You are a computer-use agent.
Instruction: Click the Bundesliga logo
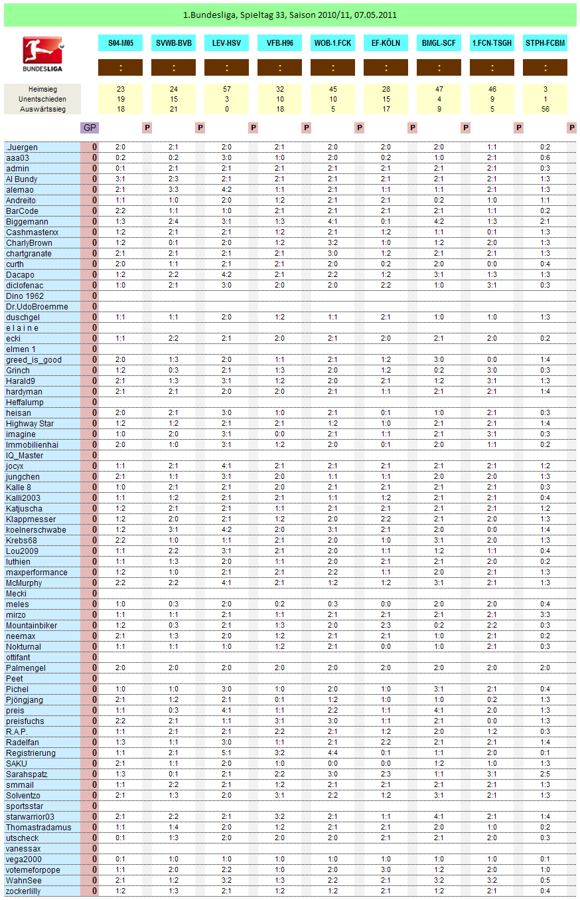pos(42,54)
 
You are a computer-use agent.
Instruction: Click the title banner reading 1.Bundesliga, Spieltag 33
pos(290,15)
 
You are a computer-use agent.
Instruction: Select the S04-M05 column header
pos(120,43)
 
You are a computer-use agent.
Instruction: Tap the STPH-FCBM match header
pos(545,43)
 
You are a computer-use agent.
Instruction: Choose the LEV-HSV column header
pos(226,43)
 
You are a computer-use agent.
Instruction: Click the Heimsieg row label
pos(42,88)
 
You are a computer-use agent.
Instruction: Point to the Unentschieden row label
pos(42,99)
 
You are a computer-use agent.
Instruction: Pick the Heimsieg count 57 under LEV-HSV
pos(226,88)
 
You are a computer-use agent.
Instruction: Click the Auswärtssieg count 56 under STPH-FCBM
pos(545,110)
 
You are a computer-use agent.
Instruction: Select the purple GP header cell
pos(89,128)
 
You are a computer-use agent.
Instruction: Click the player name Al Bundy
pos(22,179)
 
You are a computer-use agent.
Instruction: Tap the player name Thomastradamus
pos(38,828)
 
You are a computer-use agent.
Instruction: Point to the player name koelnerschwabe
pos(36,530)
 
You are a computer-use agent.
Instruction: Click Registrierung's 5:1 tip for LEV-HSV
pos(226,753)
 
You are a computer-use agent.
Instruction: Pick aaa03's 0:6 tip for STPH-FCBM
pos(545,158)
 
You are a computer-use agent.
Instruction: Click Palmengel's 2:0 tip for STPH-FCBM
pos(545,668)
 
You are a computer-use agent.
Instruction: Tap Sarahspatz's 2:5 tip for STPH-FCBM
pos(545,774)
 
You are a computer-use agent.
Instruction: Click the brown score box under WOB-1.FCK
pos(332,68)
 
